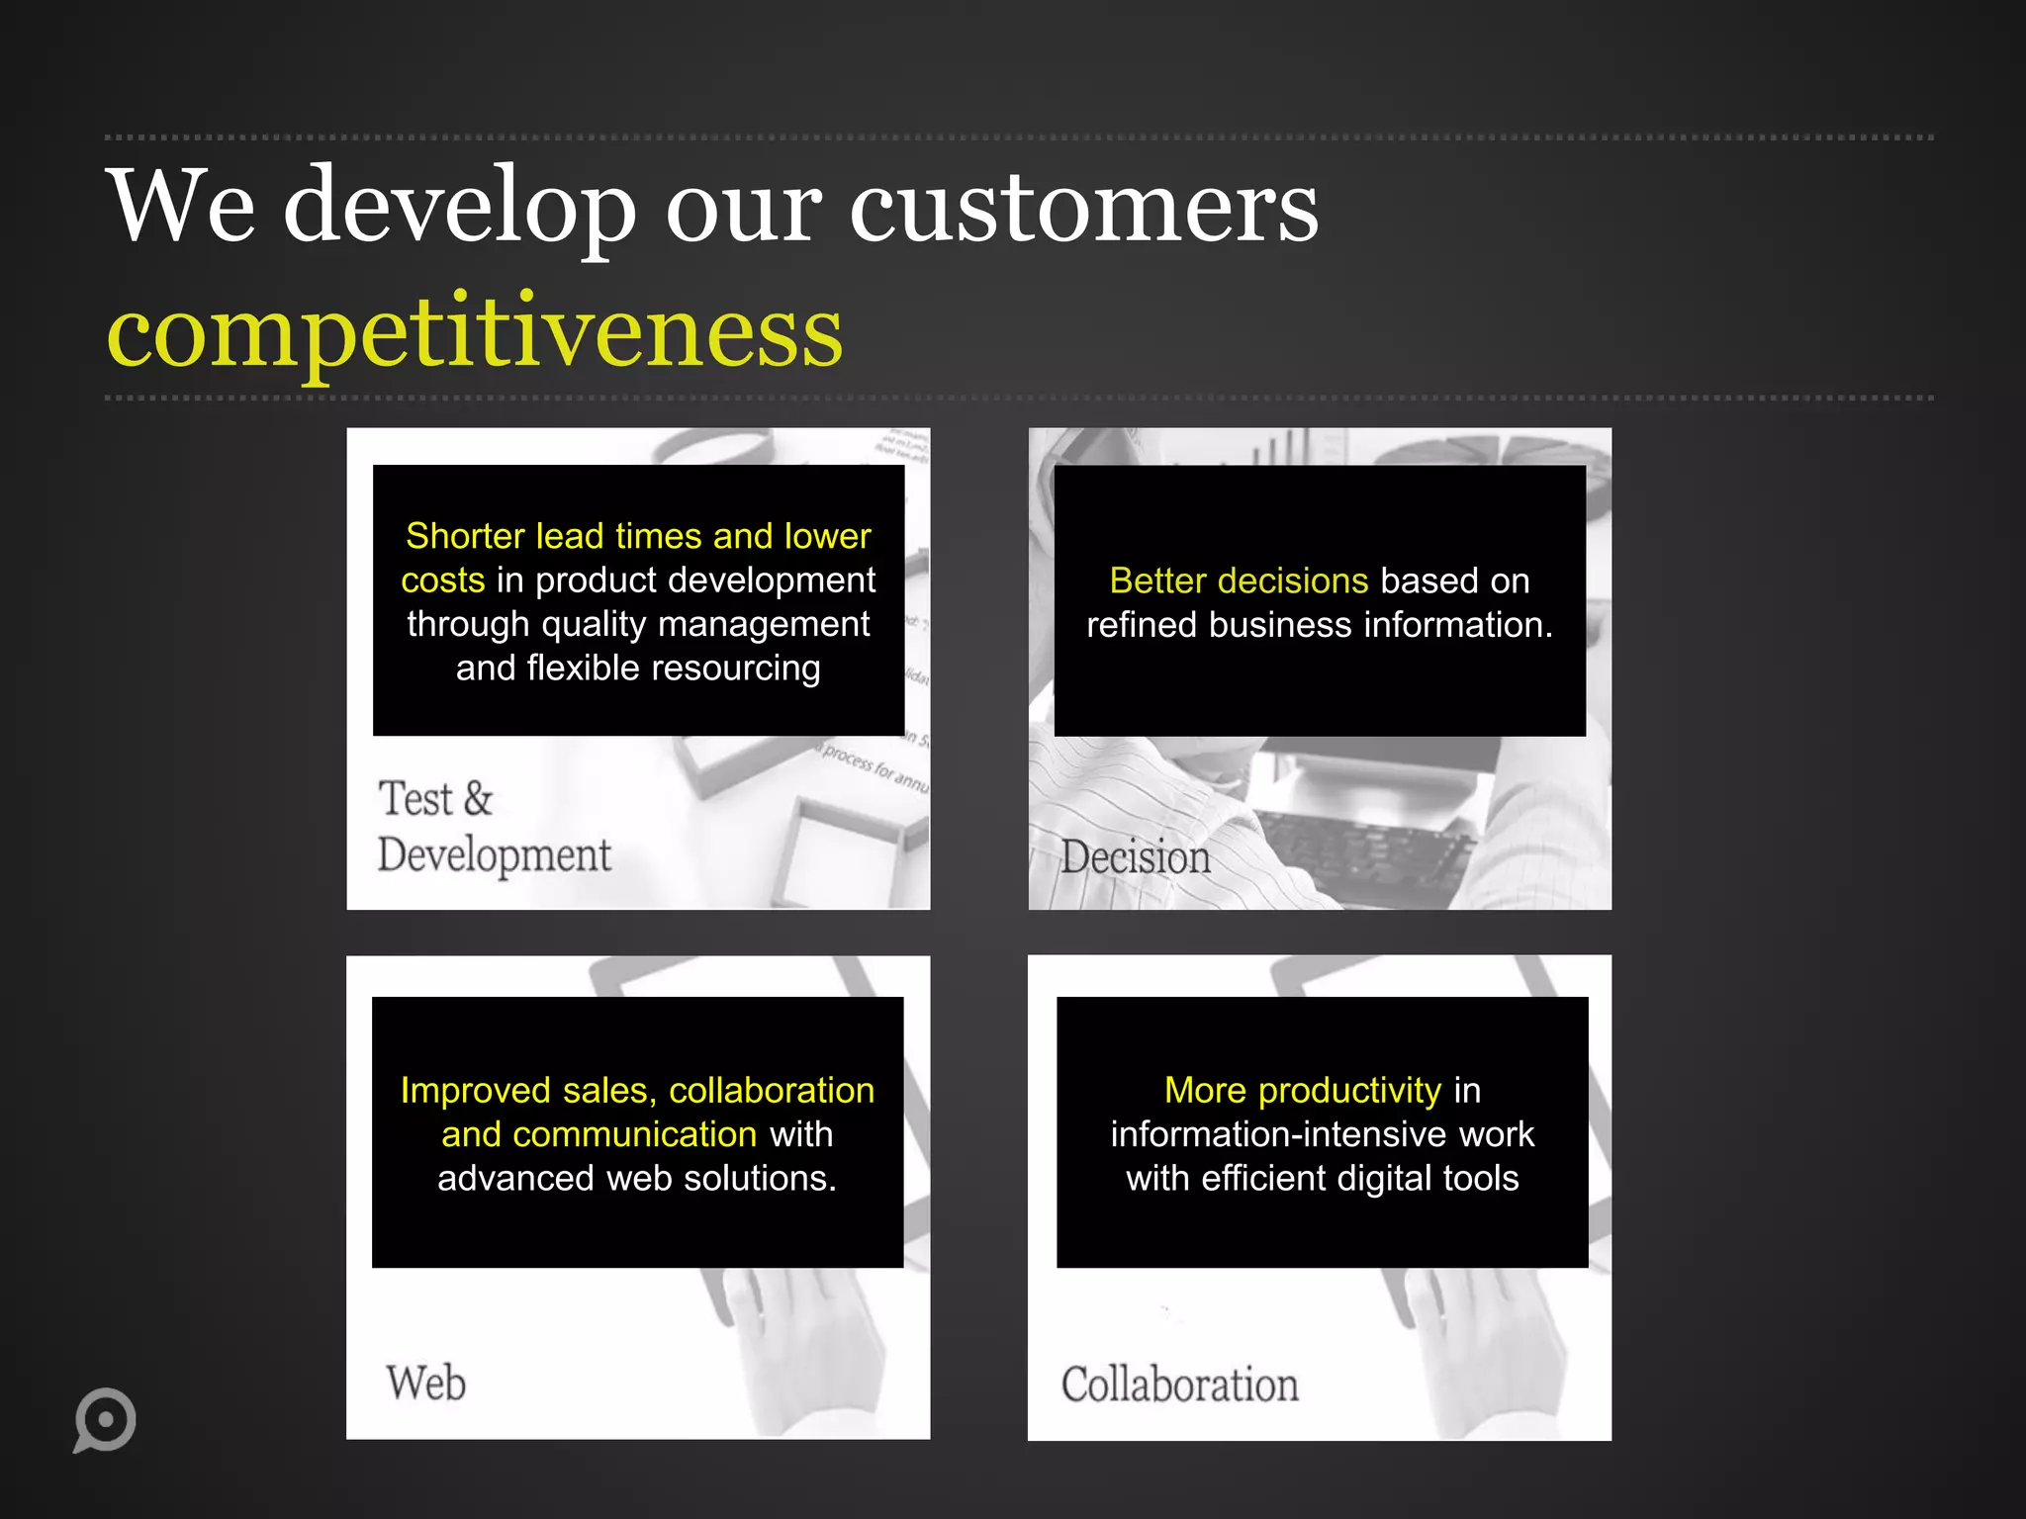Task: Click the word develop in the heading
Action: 459,208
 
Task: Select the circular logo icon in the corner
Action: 104,1420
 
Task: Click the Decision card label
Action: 1136,857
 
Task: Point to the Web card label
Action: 425,1383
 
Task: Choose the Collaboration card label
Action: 1179,1385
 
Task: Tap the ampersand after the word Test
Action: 477,799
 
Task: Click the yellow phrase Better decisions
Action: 1239,581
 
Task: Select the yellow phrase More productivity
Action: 1302,1090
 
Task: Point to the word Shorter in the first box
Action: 465,536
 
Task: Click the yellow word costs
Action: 442,581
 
